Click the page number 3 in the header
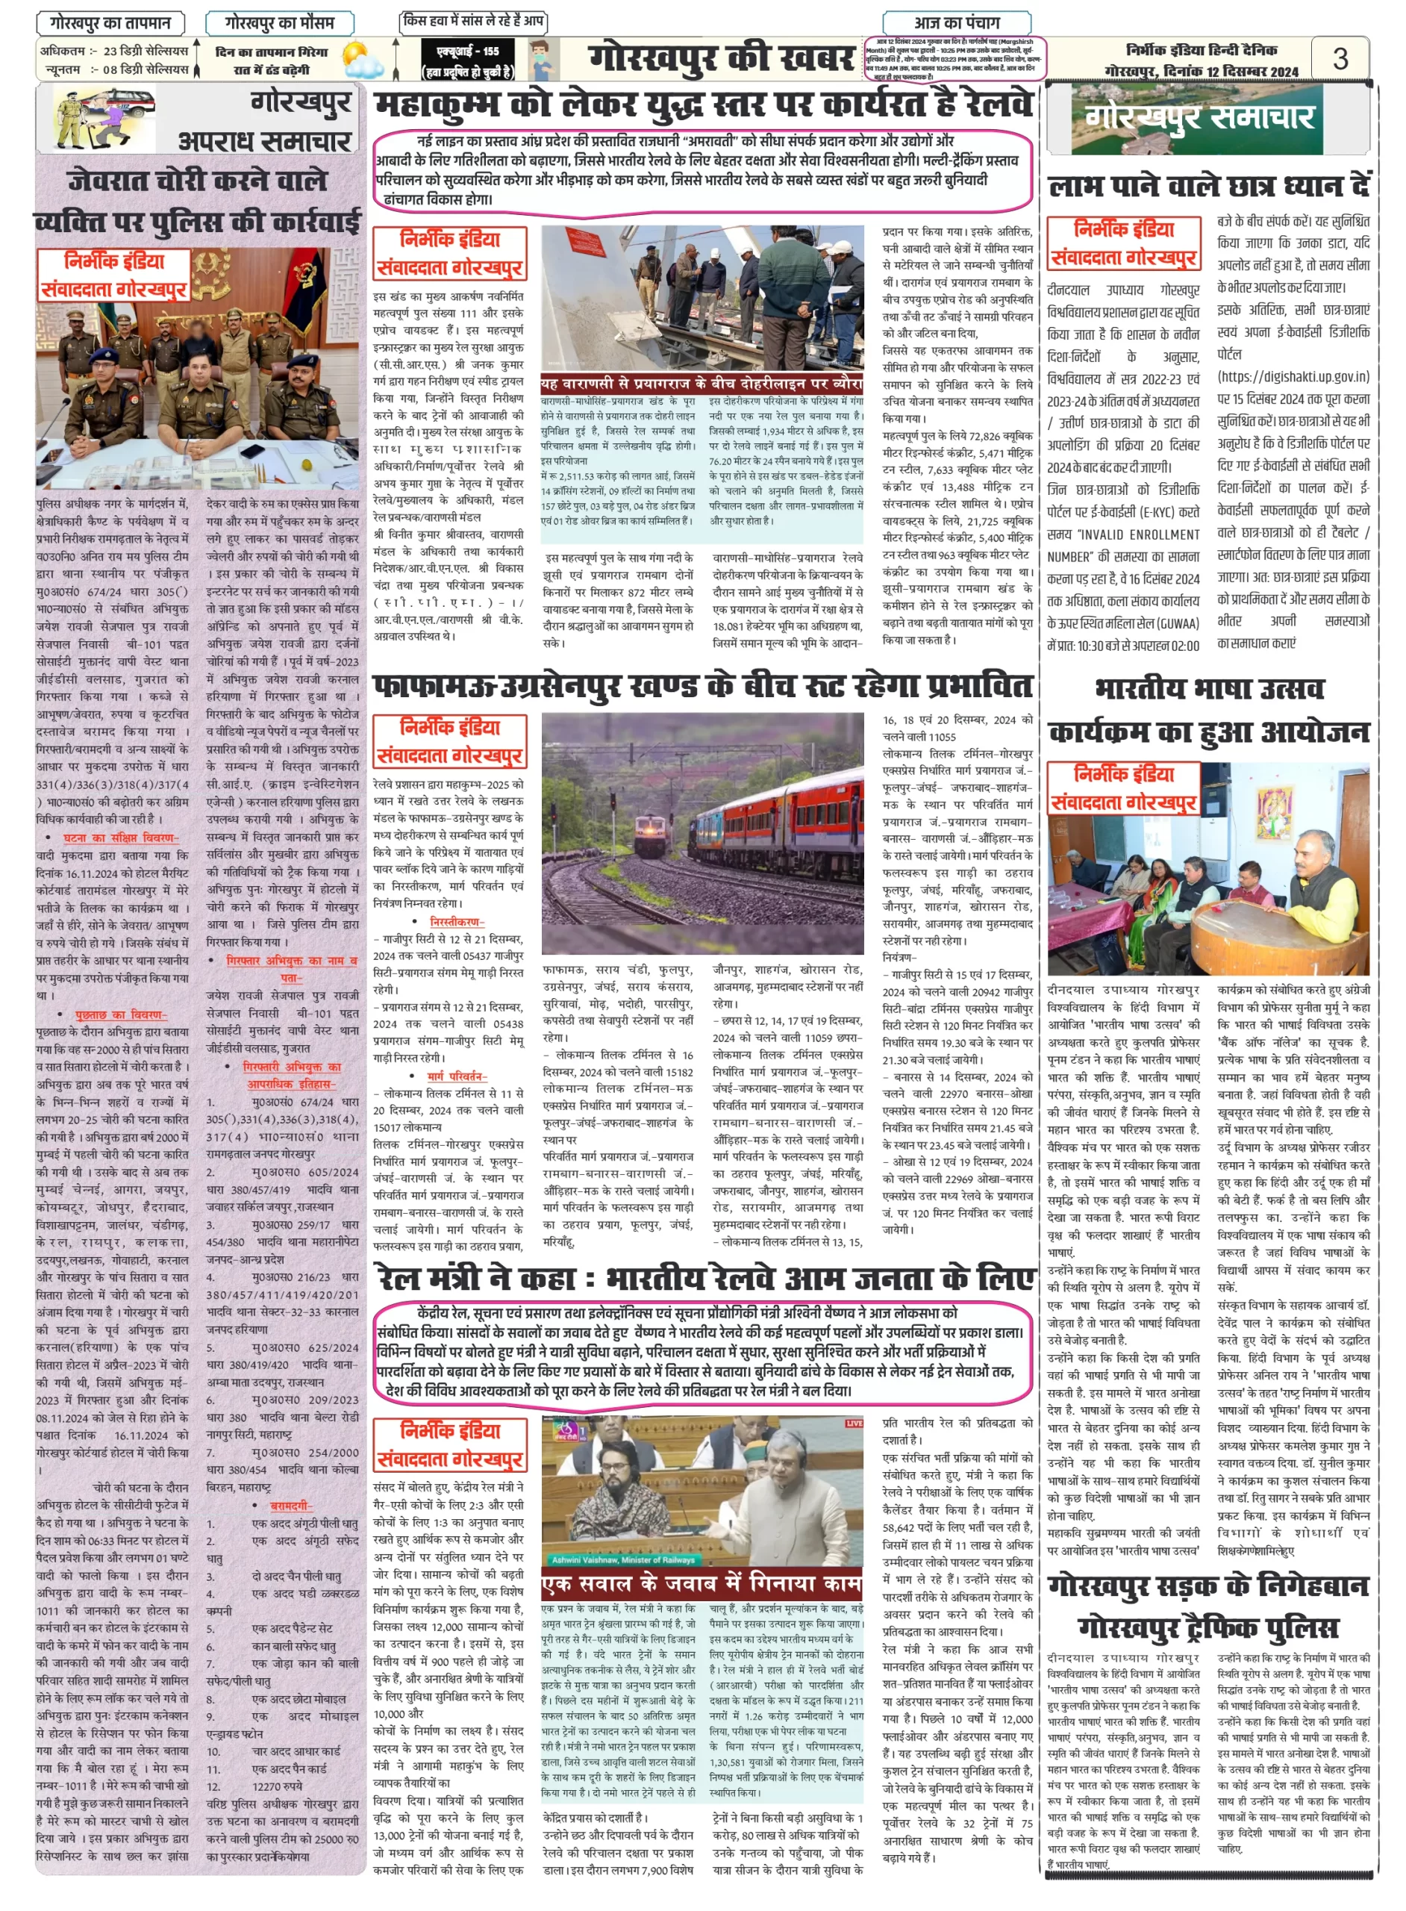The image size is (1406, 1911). pos(1340,58)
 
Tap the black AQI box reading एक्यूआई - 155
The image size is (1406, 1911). pos(467,59)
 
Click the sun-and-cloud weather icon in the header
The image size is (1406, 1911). pos(362,60)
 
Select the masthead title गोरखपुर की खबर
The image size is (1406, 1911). pos(721,59)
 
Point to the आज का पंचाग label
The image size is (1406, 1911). pos(957,22)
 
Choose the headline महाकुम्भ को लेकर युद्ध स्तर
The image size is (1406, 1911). pos(703,105)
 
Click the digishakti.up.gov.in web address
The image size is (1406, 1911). pos(1293,376)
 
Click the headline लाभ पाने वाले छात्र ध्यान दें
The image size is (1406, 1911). pos(1208,187)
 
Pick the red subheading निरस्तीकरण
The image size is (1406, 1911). pos(457,921)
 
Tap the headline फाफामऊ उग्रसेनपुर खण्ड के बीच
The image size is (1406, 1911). pos(703,685)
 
